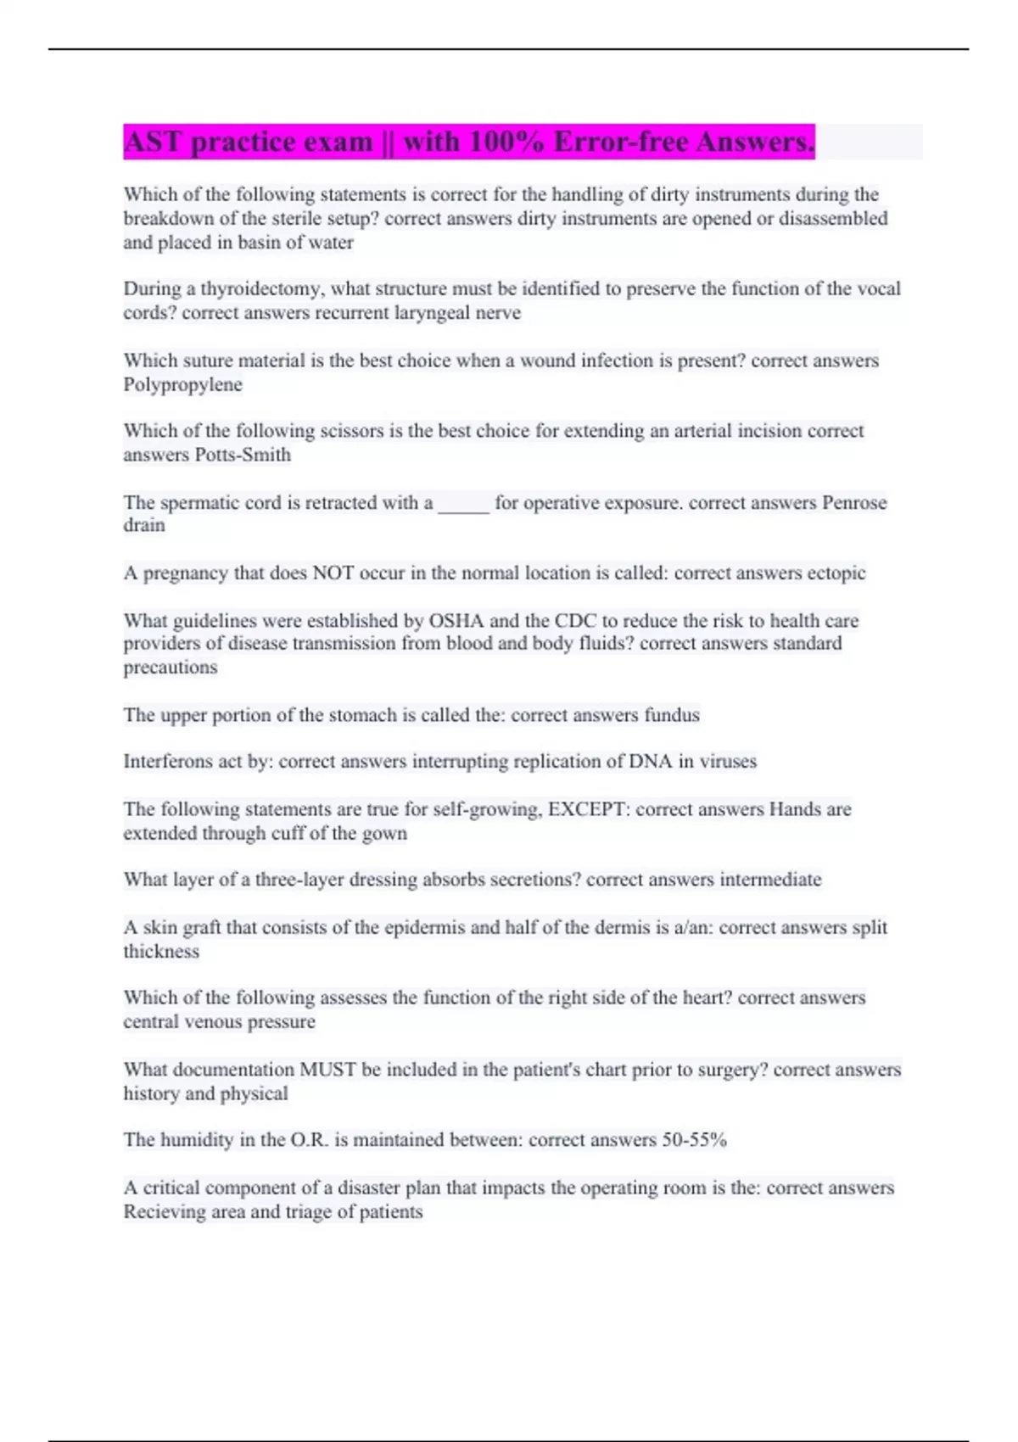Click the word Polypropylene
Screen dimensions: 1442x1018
coord(182,385)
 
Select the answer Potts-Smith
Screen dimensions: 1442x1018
coord(243,455)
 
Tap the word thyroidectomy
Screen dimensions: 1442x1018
coord(261,289)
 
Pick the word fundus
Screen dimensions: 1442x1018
coord(672,715)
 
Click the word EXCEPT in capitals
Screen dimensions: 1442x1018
coord(588,809)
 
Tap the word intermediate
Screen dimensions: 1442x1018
coord(770,880)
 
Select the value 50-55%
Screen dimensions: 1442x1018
coord(694,1140)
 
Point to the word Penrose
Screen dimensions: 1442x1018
coord(854,503)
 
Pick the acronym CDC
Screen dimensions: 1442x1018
coord(576,621)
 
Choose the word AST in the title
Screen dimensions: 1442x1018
coord(154,142)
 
